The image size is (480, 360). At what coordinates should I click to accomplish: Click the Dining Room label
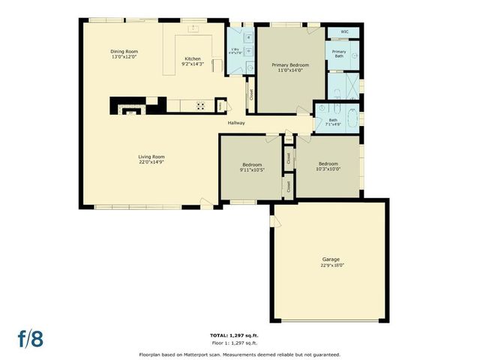[124, 52]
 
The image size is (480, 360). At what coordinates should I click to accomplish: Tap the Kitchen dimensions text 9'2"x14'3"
[193, 64]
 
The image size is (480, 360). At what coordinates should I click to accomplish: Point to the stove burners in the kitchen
[201, 106]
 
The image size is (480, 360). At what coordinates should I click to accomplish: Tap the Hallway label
[236, 123]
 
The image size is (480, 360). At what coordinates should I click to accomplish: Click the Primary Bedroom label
[290, 65]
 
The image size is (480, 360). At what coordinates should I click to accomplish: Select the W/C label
[344, 32]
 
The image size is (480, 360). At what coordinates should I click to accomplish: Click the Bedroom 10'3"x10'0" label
[328, 163]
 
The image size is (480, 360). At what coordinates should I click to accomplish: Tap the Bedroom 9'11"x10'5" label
[252, 164]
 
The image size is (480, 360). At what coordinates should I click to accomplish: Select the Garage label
[331, 259]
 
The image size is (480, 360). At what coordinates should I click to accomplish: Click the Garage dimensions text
[331, 265]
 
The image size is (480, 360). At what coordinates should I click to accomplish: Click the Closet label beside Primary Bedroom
[250, 94]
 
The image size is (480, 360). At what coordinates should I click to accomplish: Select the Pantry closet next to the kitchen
[220, 106]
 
